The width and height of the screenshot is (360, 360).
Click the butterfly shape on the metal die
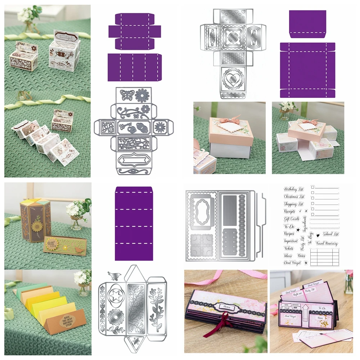coord(126,95)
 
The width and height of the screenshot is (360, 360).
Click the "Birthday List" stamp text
coord(294,189)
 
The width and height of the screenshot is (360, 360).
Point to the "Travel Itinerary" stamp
coord(327,244)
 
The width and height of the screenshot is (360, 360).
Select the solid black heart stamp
coord(318,234)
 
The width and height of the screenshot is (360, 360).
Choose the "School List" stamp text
coord(331,234)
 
